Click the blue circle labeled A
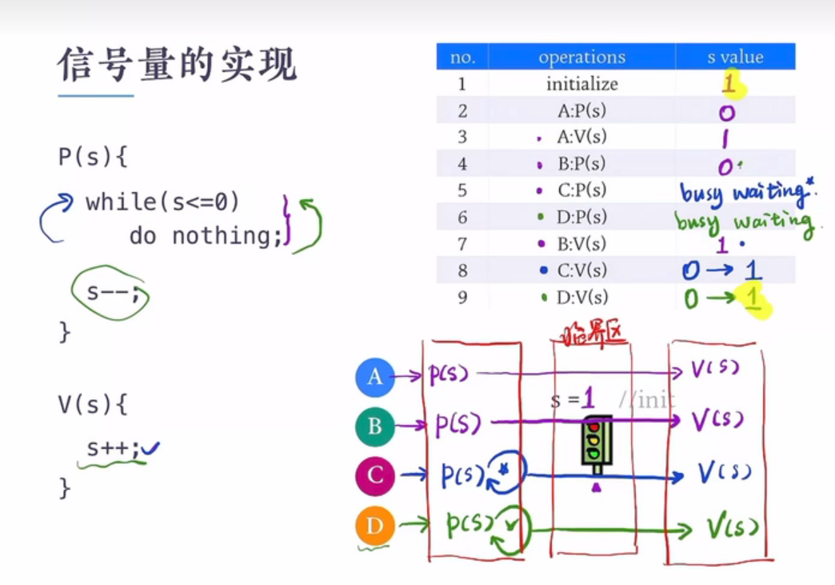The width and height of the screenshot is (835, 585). pos(375,377)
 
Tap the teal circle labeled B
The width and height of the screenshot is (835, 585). pos(375,427)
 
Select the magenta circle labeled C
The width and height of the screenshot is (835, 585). pos(375,477)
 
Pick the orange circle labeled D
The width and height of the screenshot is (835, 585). pos(375,527)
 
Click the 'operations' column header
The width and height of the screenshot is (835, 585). pos(581,57)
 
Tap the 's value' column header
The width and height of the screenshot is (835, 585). pos(735,57)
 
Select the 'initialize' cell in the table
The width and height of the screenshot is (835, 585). pos(581,83)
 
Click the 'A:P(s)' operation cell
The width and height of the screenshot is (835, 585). pos(581,110)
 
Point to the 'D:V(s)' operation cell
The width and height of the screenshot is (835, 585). pos(581,298)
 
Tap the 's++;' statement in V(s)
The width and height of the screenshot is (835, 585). pos(113,449)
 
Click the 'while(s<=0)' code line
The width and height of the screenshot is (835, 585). pos(162,202)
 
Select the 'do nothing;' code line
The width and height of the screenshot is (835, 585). pos(206,235)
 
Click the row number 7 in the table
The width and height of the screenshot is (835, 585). pos(462,243)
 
